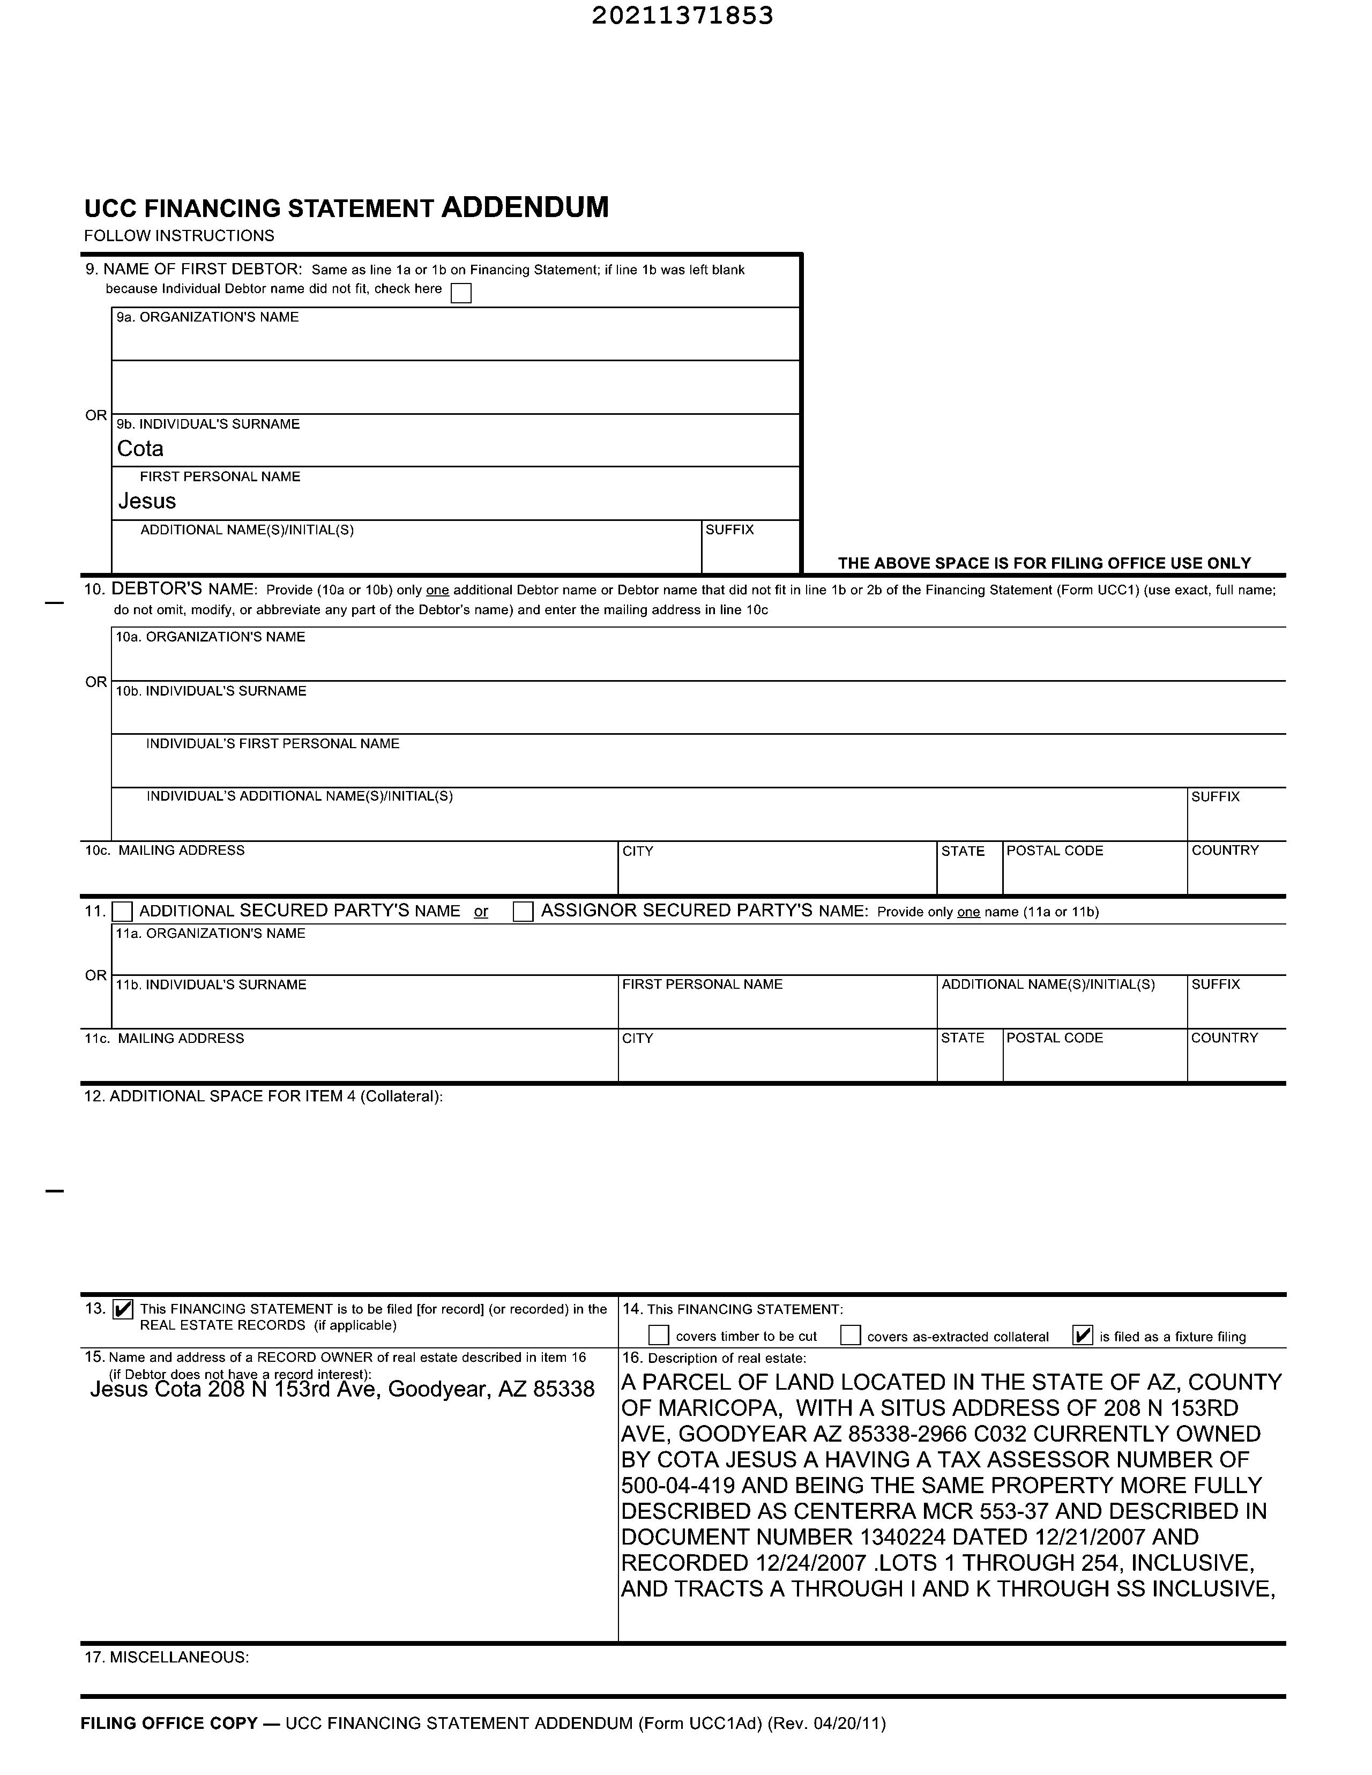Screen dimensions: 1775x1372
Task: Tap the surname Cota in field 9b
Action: pyautogui.click(x=140, y=449)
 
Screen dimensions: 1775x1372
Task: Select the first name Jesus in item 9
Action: pyautogui.click(x=147, y=501)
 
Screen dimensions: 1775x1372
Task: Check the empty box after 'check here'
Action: pyautogui.click(x=461, y=293)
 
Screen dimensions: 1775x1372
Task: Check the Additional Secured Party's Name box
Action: pyautogui.click(x=123, y=911)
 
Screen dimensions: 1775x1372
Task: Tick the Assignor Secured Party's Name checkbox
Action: pyautogui.click(x=524, y=911)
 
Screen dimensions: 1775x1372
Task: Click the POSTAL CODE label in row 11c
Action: pyautogui.click(x=1054, y=1038)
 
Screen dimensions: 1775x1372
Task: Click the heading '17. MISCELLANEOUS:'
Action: pyautogui.click(x=167, y=1657)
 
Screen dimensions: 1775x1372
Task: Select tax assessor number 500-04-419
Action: pyautogui.click(x=678, y=1486)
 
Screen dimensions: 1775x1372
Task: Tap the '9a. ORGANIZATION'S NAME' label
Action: pyautogui.click(x=207, y=317)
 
